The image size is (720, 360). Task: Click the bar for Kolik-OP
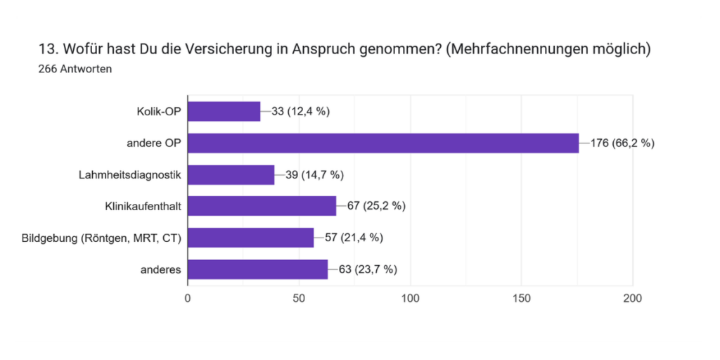point(224,111)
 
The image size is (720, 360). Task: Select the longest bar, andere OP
point(383,143)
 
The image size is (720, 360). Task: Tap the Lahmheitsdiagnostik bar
point(231,174)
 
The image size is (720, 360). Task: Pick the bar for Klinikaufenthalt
point(262,206)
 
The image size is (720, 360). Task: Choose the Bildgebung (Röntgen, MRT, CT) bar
point(250,238)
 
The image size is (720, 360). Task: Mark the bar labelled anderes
point(257,269)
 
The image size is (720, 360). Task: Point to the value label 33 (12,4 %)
point(300,111)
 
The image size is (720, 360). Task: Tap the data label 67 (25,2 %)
point(376,206)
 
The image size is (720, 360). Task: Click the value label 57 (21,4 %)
point(354,238)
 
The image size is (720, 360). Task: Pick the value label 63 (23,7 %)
point(368,269)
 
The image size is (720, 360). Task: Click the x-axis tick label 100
point(410,298)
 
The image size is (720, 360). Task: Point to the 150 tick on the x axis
point(521,298)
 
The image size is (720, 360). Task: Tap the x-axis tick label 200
point(632,298)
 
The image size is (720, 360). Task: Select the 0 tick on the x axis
point(188,298)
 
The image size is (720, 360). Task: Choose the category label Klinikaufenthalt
point(143,206)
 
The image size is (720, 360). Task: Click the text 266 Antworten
point(75,69)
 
